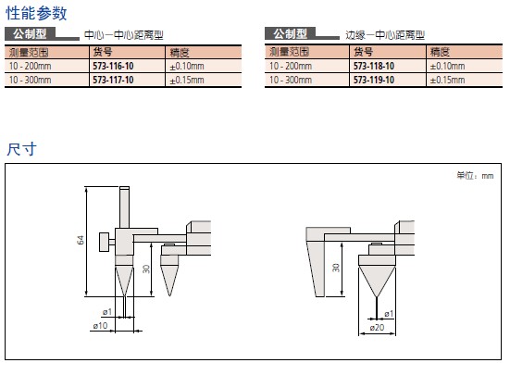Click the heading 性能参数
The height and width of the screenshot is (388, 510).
[36, 13]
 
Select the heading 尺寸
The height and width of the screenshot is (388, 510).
[21, 149]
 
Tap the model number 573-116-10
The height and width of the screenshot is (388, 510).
[113, 66]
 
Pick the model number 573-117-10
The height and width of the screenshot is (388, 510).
[113, 80]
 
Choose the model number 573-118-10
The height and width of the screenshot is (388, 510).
[374, 66]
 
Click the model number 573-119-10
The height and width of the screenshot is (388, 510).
[374, 80]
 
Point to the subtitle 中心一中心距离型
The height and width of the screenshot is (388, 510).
[124, 35]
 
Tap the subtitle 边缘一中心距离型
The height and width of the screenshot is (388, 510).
[385, 35]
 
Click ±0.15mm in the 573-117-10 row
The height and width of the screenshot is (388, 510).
[187, 80]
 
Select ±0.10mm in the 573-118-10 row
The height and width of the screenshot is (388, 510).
[447, 66]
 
